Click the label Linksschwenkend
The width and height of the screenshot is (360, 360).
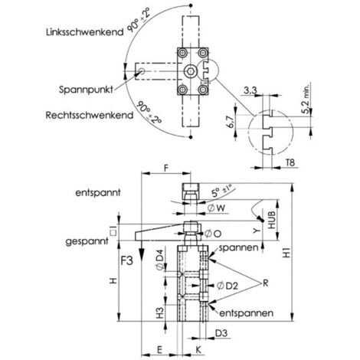[85, 32]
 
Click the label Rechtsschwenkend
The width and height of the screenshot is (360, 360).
[90, 115]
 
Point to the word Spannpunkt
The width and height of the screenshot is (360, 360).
[86, 90]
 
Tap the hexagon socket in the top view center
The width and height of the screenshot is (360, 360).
[191, 71]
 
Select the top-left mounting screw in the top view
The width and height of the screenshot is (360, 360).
[182, 53]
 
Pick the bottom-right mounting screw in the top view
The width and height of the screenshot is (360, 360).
[203, 90]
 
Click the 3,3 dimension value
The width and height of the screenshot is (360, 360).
[250, 90]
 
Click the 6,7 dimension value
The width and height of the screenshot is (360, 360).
[231, 122]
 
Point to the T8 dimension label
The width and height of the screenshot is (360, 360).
[290, 162]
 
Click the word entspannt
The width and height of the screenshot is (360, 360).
[98, 192]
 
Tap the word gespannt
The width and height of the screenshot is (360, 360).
[87, 241]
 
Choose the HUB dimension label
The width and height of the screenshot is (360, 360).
[272, 220]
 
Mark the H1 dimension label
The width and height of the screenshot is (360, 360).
[287, 253]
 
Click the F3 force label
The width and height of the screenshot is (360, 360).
[126, 260]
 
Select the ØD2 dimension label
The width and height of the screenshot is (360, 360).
[227, 286]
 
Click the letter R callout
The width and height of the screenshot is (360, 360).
[266, 283]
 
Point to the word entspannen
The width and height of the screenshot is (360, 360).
[247, 313]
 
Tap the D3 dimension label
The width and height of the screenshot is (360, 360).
[221, 333]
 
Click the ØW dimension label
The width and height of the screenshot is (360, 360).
[216, 208]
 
